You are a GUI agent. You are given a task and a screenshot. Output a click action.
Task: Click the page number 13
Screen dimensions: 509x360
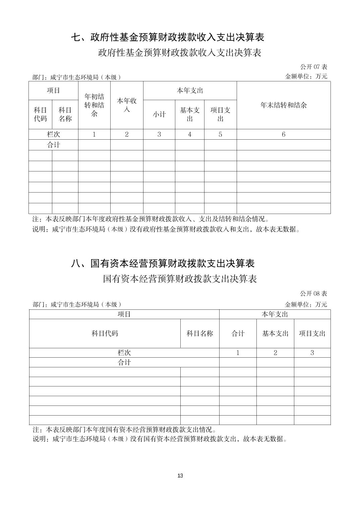tap(180, 476)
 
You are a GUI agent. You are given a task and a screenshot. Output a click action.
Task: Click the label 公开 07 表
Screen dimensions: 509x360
tap(313, 67)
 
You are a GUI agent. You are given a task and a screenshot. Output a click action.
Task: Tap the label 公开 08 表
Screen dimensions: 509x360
tap(313, 294)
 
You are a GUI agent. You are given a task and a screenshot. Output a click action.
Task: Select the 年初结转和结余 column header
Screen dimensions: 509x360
tap(94, 105)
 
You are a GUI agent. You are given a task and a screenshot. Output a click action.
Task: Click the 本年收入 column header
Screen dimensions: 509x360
tap(127, 105)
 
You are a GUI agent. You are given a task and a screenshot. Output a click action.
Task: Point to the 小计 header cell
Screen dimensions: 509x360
tap(159, 114)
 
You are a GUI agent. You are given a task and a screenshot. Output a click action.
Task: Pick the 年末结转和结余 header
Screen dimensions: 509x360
tap(284, 105)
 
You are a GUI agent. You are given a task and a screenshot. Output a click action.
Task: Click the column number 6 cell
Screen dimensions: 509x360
tap(284, 134)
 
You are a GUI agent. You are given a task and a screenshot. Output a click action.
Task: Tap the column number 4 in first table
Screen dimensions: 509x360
tap(190, 134)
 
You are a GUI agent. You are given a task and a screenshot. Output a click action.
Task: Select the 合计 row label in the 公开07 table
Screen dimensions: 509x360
tap(54, 145)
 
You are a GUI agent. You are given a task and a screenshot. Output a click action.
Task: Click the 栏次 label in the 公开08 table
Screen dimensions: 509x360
tap(124, 353)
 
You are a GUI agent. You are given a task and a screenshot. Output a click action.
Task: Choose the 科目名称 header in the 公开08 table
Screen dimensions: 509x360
tap(200, 334)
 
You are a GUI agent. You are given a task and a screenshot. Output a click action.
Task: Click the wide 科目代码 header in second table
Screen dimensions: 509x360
tap(105, 334)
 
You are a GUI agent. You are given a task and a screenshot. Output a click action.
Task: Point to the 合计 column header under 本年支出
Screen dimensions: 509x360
tap(238, 334)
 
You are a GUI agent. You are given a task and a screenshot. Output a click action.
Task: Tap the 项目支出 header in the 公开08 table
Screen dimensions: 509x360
tap(312, 334)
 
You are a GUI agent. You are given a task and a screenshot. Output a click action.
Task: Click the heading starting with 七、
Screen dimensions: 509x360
tap(168, 37)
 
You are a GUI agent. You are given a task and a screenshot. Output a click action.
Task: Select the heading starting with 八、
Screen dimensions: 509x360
tap(163, 264)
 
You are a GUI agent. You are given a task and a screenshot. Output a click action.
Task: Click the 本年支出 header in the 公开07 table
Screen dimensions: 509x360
tap(190, 90)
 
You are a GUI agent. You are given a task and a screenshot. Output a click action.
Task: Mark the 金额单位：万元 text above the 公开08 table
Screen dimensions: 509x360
tap(306, 304)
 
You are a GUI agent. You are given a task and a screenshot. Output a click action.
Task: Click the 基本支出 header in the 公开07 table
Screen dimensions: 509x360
tap(190, 114)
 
